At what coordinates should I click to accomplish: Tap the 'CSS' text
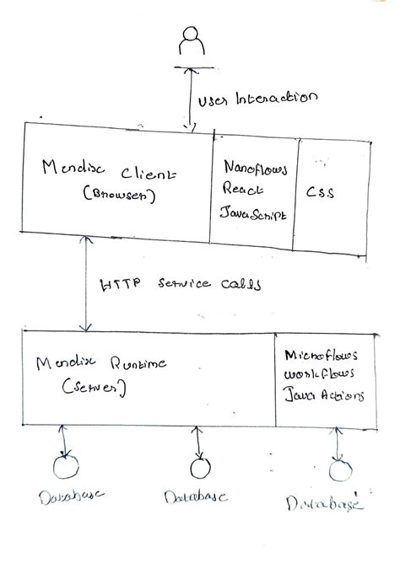(x=320, y=192)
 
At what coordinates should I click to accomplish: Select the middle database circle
(x=199, y=468)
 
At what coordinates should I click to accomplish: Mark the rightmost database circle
(x=338, y=469)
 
